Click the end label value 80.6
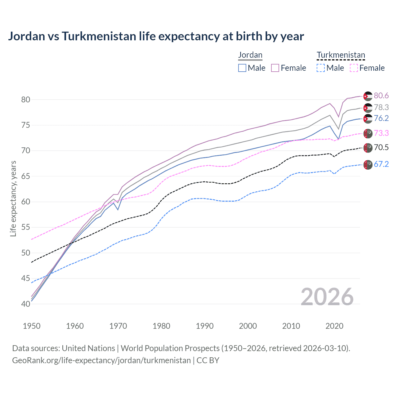point(381,96)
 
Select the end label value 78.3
point(381,107)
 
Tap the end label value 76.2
point(381,118)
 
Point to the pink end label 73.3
point(381,133)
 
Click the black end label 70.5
point(381,147)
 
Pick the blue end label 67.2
point(381,164)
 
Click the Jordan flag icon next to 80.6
point(368,96)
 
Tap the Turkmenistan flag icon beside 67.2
point(368,164)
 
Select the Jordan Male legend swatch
point(242,68)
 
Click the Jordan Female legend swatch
point(275,68)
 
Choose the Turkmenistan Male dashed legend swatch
point(321,68)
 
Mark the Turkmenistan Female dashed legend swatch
point(354,68)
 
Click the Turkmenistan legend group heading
point(341,55)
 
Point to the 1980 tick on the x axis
point(161,326)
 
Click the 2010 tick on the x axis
point(291,326)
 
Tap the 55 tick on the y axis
point(26,227)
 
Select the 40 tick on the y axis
point(26,304)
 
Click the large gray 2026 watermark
point(327,297)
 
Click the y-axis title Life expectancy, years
point(13,198)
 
